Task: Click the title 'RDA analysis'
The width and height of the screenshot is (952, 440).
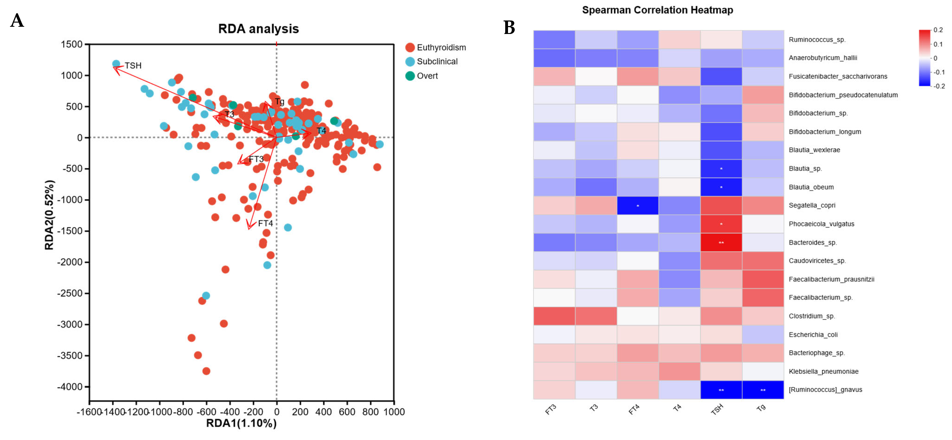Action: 258,29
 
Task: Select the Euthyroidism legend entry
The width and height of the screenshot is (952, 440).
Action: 441,48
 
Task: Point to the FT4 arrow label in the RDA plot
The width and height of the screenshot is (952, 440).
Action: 265,224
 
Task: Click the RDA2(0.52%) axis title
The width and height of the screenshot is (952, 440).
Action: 49,215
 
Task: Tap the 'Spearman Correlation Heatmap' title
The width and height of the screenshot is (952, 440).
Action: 657,10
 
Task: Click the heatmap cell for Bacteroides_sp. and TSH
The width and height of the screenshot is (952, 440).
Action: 721,242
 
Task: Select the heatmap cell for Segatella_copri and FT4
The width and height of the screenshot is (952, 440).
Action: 638,205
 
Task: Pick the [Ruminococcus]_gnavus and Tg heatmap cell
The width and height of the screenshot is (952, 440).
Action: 763,390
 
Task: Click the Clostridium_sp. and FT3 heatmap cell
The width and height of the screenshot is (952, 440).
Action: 554,316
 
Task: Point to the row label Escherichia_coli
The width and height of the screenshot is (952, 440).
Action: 813,335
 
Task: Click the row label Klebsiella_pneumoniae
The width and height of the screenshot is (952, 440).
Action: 823,371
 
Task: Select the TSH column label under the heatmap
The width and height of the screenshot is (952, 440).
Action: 717,409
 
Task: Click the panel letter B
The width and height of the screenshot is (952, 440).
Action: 509,28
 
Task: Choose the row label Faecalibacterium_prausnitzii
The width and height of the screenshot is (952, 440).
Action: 831,279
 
